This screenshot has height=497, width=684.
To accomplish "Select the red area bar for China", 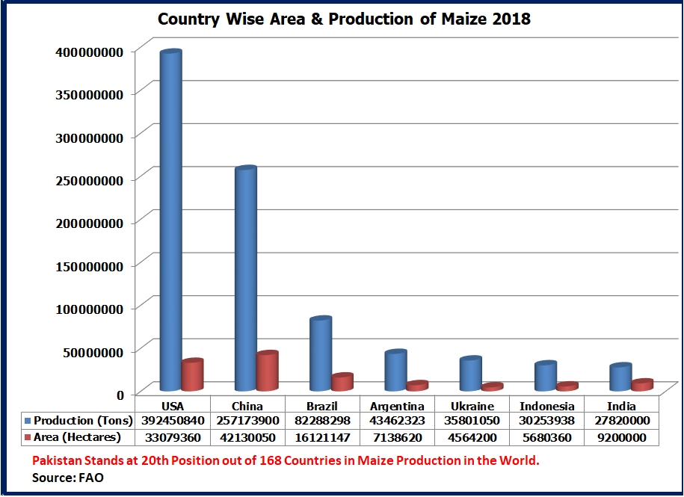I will [x=267, y=371].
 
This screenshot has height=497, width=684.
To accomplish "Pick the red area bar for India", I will [x=641, y=385].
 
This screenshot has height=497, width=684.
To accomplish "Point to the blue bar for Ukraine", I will [x=470, y=374].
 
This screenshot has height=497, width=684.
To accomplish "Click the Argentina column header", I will [x=397, y=407].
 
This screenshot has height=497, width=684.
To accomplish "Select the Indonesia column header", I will [x=546, y=407].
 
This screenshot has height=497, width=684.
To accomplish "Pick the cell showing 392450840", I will [x=173, y=421].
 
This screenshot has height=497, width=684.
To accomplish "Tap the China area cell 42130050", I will [x=247, y=437].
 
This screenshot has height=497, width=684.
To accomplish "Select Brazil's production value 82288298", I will [x=322, y=421].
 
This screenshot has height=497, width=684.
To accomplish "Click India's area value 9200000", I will [x=621, y=437].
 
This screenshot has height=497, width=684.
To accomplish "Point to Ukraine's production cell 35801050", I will [x=472, y=421].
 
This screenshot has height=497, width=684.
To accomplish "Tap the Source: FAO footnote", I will [x=67, y=477].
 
